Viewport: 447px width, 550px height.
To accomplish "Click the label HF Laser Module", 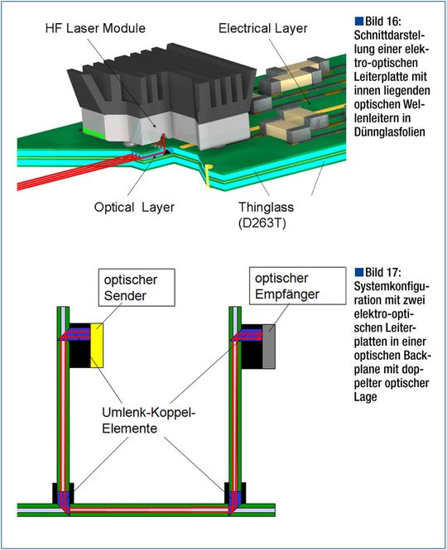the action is pos(95,28).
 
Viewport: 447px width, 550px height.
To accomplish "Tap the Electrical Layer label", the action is pos(262,28).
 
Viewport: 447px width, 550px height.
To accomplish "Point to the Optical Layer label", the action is pos(134,208).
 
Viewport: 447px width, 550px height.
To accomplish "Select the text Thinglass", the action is pos(267,207).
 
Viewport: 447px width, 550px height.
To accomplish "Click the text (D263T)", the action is pos(262,222).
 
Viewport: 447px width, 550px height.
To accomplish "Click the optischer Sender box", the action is pos(137,287).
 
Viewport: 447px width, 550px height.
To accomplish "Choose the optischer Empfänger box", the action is pos(298,286).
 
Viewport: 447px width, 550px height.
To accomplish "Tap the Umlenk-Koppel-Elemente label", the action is pos(148,420).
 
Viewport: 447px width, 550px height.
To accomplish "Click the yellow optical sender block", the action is pos(97,346).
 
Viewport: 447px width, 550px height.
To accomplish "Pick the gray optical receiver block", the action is pos(269,347).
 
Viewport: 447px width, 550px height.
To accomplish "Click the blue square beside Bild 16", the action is pos(359,21).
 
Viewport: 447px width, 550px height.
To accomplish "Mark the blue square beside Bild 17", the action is pos(359,272).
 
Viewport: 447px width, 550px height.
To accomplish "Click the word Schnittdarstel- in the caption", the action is pos(389,36).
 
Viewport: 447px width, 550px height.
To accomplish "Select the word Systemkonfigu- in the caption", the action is pos(392,286).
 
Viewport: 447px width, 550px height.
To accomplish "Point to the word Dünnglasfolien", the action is pos(390,132).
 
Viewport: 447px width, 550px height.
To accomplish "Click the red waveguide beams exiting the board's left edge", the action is pos(70,173).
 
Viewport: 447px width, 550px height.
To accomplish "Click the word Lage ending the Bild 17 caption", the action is pos(365,397).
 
